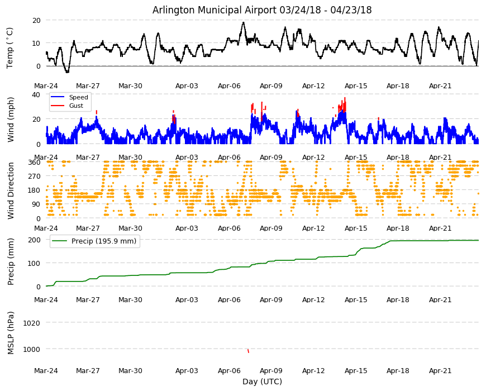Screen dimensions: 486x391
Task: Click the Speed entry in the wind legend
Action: (78, 97)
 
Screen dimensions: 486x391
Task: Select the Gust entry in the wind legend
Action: (76, 106)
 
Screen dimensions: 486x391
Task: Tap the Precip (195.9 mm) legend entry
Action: (104, 241)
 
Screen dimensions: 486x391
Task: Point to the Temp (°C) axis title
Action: (10, 47)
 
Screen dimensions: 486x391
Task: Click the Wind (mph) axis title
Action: (11, 120)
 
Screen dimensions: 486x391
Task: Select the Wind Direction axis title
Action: (11, 190)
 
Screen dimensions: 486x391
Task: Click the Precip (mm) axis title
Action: (11, 261)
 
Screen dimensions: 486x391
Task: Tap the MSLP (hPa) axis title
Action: (11, 333)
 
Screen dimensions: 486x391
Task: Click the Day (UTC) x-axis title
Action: (262, 382)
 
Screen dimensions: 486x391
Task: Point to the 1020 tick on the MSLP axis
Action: (32, 323)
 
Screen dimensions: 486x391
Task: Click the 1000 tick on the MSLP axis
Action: (32, 349)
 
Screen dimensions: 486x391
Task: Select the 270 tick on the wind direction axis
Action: (35, 176)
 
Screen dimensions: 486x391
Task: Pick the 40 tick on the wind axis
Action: (36, 94)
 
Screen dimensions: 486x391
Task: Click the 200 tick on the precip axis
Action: (35, 240)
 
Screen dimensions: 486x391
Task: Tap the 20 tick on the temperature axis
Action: (36, 21)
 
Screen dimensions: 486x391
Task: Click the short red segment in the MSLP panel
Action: (248, 351)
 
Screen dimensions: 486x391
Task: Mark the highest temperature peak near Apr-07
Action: (244, 22)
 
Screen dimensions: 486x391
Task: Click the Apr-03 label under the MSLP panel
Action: (187, 371)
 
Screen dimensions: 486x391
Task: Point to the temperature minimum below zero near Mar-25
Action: (67, 72)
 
